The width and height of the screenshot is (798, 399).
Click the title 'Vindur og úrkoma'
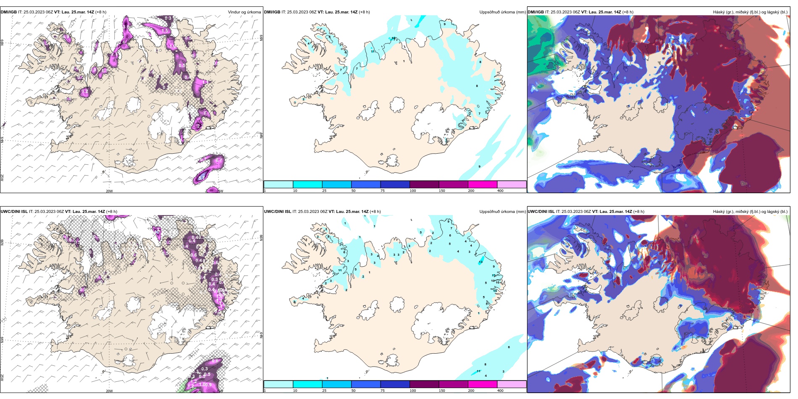pyautogui.click(x=244, y=12)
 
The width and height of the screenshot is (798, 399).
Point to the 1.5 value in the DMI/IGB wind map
pyautogui.click(x=165, y=31)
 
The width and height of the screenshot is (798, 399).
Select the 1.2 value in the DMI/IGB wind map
pyautogui.click(x=85, y=92)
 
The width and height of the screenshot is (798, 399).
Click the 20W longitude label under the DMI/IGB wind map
pyautogui.click(x=109, y=191)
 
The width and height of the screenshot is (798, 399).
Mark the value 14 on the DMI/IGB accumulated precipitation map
pyautogui.click(x=393, y=38)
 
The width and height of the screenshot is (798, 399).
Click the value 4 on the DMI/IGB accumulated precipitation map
pyautogui.click(x=309, y=43)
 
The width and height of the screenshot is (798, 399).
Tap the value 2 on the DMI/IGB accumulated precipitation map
pyautogui.click(x=304, y=64)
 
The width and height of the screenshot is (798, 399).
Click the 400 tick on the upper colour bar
pyautogui.click(x=500, y=191)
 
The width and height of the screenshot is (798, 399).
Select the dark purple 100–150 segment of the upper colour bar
pyautogui.click(x=424, y=184)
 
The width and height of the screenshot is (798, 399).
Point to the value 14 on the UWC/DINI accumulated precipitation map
pyautogui.click(x=495, y=291)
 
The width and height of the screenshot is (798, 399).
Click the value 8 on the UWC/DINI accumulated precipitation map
pyautogui.click(x=485, y=365)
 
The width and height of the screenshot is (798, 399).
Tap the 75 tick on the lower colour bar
pyautogui.click(x=383, y=391)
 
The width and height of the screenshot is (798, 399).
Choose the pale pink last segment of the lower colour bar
pyautogui.click(x=512, y=384)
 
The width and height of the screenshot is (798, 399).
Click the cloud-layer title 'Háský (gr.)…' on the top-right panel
pyautogui.click(x=750, y=12)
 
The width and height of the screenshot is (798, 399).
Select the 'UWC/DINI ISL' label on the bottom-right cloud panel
pyautogui.click(x=541, y=212)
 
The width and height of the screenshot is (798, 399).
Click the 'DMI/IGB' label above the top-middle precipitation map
pyautogui.click(x=272, y=12)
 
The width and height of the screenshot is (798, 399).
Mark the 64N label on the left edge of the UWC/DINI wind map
pyautogui.click(x=3, y=339)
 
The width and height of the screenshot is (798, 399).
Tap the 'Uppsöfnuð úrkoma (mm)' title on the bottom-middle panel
pyautogui.click(x=502, y=212)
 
